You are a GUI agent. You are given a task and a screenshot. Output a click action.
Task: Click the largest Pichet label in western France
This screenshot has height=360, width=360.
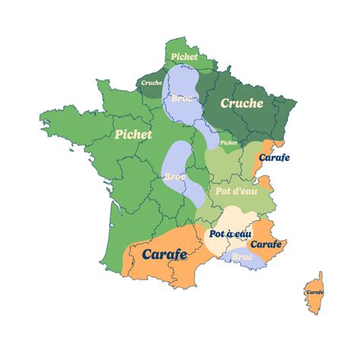coord(134,134)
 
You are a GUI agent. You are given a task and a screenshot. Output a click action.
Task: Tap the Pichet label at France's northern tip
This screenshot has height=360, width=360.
coord(184,56)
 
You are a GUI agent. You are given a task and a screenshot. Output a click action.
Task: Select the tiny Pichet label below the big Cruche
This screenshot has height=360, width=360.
coord(228,142)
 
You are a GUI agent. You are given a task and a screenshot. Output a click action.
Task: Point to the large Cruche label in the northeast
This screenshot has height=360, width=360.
coord(241,103)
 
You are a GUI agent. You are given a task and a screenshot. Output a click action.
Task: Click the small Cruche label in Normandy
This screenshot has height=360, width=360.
coord(152,82)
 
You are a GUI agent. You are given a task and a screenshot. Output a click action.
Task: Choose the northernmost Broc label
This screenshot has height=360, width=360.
coord(182,98)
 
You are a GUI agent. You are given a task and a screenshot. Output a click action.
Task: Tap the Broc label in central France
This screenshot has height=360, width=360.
coord(175,176)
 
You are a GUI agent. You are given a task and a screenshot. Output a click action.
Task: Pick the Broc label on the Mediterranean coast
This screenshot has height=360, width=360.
coord(242,258)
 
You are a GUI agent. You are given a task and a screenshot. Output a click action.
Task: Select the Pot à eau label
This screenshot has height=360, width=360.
coord(229,234)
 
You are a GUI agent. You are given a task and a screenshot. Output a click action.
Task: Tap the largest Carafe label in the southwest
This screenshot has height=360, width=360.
coord(165,254)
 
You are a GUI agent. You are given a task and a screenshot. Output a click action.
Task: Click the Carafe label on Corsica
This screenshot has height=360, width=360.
coord(314,292)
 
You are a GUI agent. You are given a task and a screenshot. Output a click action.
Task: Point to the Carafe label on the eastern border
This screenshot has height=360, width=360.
coord(274,158)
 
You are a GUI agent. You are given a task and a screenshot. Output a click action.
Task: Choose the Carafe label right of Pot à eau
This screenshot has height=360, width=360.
coord(266,245)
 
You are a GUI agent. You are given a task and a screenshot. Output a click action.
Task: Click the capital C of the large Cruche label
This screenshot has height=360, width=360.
coord(225,103)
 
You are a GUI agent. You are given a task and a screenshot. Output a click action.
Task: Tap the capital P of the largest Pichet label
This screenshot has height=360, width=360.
coord(119,134)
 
